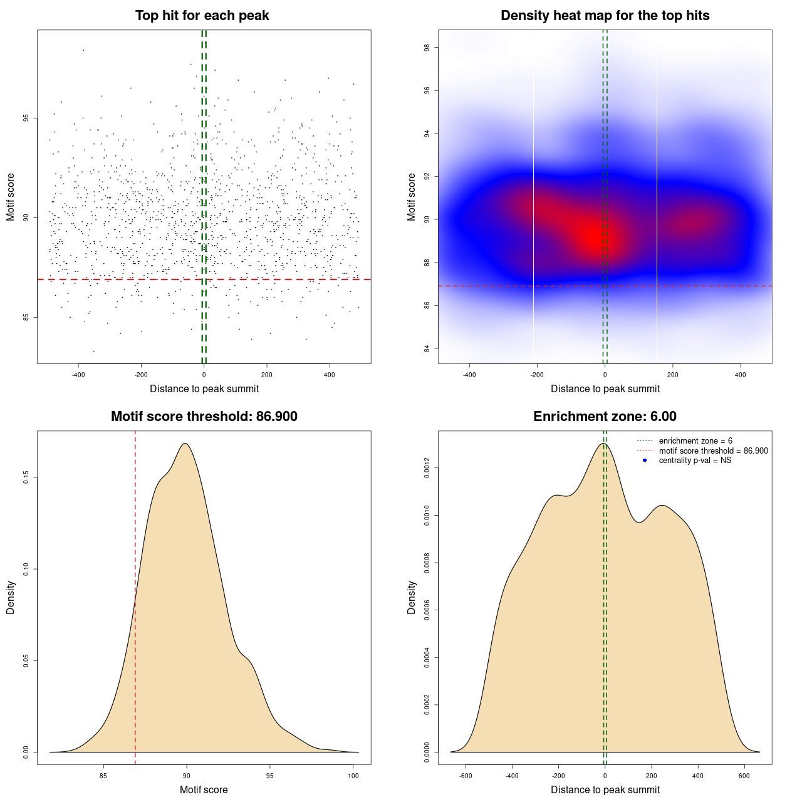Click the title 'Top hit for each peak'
tap(202, 16)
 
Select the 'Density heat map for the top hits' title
tap(605, 16)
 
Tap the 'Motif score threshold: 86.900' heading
tap(204, 417)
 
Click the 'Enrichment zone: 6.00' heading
tap(605, 417)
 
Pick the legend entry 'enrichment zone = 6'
tap(695, 441)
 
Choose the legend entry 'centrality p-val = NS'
tap(695, 461)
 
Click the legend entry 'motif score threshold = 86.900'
tap(713, 451)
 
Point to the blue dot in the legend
tap(645, 461)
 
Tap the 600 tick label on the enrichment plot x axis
tap(744, 776)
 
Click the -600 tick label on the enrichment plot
tap(466, 776)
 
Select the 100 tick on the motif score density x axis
tap(353, 776)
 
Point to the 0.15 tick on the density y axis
tap(26, 478)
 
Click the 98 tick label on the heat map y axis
tap(427, 48)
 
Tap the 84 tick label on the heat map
tap(427, 348)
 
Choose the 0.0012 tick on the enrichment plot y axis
tap(427, 468)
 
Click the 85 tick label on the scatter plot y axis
tap(26, 317)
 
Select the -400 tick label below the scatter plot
tap(78, 375)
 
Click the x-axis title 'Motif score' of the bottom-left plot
tap(204, 790)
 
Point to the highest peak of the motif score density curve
tap(185, 444)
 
